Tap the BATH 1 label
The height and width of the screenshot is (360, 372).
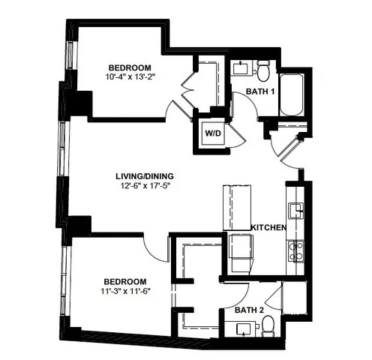point(260,91)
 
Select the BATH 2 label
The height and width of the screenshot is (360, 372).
point(247,309)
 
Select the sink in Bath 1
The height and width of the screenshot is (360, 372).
point(241,68)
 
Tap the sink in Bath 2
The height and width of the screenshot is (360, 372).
point(243,328)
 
